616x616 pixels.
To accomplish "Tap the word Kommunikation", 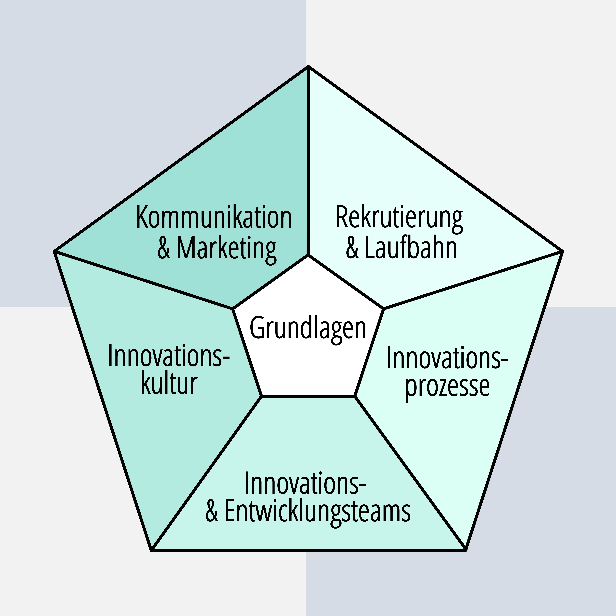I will click(x=214, y=218).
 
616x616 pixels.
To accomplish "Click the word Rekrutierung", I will click(x=399, y=218).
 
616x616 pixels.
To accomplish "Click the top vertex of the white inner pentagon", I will click(x=308, y=255).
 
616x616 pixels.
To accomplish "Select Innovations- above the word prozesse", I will click(x=447, y=358).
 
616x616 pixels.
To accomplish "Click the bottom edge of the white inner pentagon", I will click(x=308, y=396).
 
